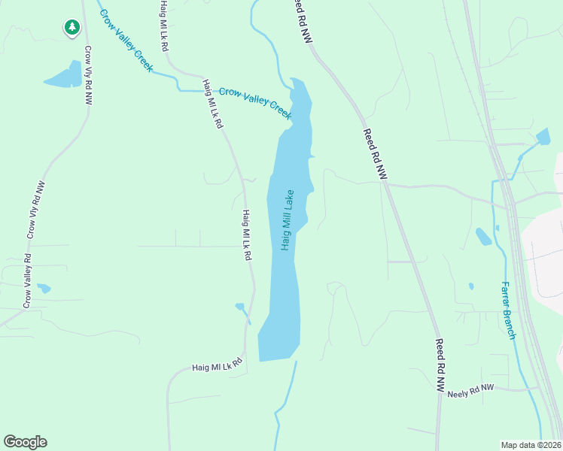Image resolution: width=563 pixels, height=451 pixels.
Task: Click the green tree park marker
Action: pos(72,28)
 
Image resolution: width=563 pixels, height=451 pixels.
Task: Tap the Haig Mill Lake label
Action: pos(288,219)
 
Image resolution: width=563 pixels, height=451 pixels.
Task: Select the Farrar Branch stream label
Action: pos(508,310)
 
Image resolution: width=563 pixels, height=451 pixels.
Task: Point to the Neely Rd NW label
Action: pos(470,391)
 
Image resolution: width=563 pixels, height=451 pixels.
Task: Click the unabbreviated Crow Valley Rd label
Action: pos(27,281)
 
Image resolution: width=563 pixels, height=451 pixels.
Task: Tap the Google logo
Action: pos(25,442)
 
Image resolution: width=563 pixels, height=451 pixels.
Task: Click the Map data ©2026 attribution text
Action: pos(531,445)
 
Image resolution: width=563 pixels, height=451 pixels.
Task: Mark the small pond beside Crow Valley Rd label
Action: pos(44,288)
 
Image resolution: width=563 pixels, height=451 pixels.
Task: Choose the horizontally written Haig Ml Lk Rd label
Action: pos(217,365)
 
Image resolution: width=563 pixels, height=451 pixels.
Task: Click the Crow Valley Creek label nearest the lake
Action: pos(255,102)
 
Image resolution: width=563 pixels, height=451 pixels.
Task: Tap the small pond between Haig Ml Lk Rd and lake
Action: pos(240,307)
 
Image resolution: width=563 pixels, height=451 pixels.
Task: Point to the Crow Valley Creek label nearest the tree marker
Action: pos(126,41)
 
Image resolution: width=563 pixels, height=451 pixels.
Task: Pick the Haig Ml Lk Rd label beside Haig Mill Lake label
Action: pos(246,235)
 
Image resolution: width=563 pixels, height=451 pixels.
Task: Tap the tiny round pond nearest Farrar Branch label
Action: pos(471,286)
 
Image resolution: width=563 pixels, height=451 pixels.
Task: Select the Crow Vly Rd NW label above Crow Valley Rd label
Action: pos(36,210)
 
